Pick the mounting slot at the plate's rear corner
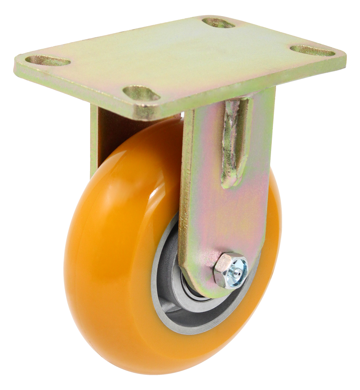coord(218,23)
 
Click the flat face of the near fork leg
coord(218,211)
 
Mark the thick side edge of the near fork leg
coord(185,195)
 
